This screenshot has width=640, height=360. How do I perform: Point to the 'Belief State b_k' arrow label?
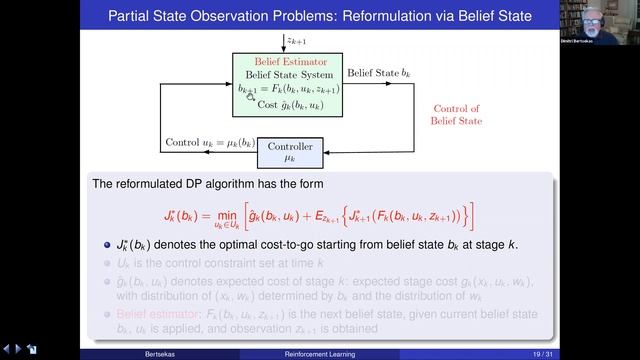click(x=379, y=73)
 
